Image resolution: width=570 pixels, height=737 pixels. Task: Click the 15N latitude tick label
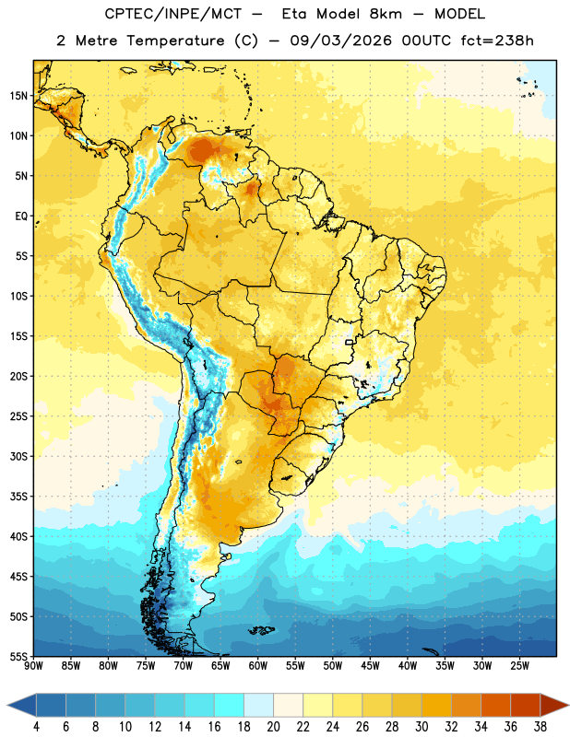point(18,96)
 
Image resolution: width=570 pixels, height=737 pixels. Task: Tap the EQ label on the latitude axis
point(21,216)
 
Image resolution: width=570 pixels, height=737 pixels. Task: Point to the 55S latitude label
point(18,656)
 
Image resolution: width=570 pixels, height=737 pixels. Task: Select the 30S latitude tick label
point(18,456)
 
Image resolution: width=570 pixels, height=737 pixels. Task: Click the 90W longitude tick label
point(33,666)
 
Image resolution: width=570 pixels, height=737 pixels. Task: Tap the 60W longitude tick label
point(258,666)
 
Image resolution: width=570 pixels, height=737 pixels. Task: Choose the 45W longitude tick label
point(370,666)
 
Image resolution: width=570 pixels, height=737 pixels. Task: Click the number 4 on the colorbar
point(36,727)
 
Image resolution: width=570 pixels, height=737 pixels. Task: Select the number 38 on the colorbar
point(540,727)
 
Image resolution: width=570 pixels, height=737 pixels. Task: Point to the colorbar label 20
point(273,727)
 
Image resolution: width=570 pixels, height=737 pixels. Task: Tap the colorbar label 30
point(422,727)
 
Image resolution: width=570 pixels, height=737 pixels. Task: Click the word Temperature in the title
point(175,41)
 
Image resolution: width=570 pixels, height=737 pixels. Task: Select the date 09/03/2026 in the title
point(340,41)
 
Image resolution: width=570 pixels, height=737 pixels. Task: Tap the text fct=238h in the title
point(497,41)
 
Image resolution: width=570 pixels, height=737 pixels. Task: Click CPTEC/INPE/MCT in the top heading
point(173,14)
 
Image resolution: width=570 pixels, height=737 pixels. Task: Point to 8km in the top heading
point(386,14)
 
